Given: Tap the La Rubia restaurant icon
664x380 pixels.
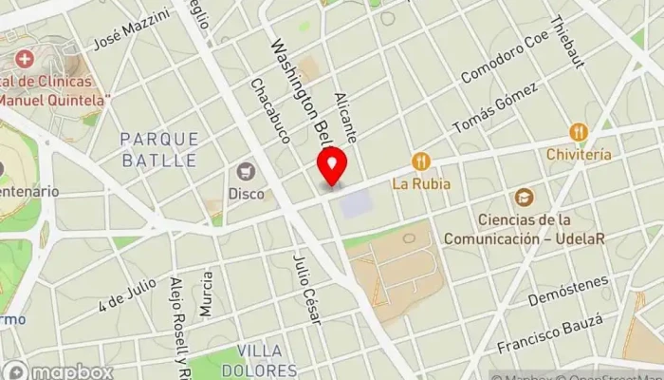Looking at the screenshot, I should pyautogui.click(x=422, y=161).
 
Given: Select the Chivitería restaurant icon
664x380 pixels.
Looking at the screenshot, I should pyautogui.click(x=579, y=132).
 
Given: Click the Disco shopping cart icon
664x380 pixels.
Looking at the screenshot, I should pyautogui.click(x=247, y=172).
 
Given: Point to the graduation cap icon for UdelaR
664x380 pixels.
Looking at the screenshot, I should pyautogui.click(x=524, y=198).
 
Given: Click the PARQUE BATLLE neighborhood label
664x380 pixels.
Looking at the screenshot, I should pyautogui.click(x=159, y=150).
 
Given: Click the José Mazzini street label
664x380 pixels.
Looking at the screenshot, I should pyautogui.click(x=131, y=30).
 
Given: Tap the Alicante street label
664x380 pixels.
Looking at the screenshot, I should pyautogui.click(x=345, y=118).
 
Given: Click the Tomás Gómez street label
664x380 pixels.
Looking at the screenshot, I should pyautogui.click(x=495, y=107).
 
